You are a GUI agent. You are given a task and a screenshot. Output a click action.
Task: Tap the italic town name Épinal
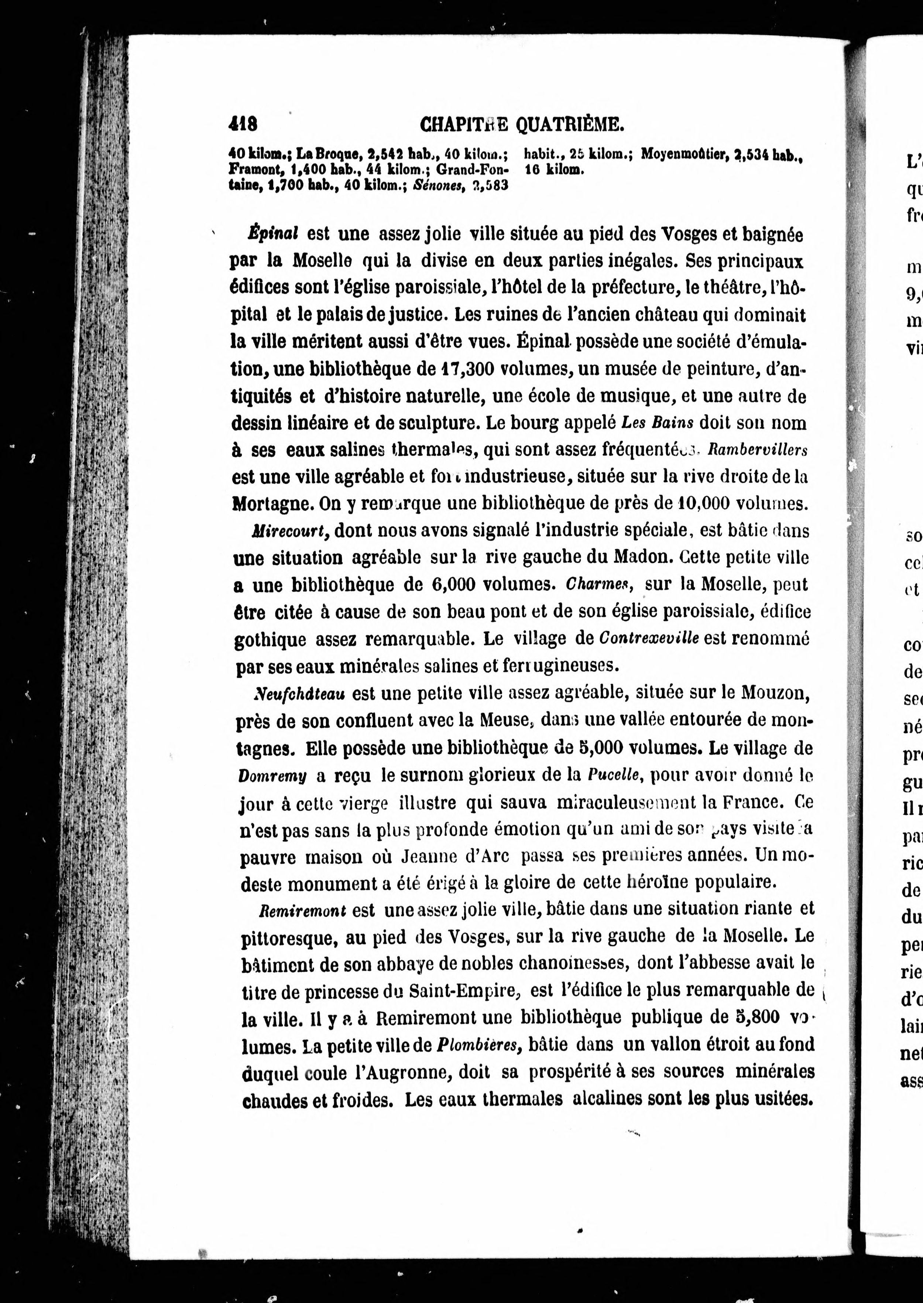click(x=273, y=234)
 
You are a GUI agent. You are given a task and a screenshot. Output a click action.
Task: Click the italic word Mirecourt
click(x=289, y=531)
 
